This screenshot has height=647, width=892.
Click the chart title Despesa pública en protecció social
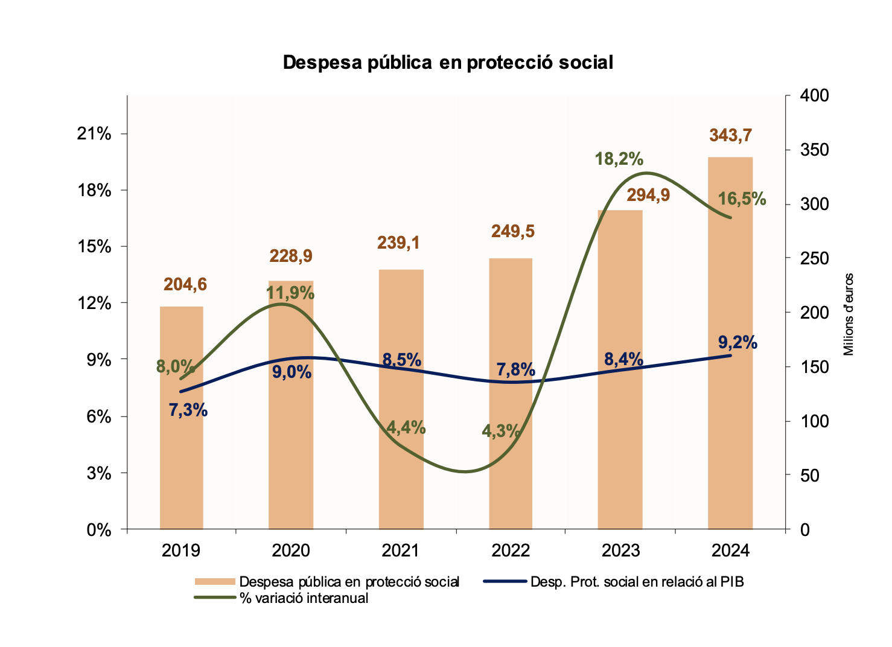point(448,62)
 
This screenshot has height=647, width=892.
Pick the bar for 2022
point(511,471)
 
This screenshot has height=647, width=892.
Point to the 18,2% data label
point(619,159)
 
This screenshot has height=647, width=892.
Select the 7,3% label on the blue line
point(188,410)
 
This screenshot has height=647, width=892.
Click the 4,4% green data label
point(406,428)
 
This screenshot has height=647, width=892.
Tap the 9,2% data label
point(737,342)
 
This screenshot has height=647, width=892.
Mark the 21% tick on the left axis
point(94,134)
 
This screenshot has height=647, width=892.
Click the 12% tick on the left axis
point(94,303)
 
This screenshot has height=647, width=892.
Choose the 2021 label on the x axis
point(401,550)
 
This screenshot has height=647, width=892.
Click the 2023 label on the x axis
point(620,550)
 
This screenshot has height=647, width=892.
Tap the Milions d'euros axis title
point(849,314)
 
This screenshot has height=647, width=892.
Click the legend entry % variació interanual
point(304,598)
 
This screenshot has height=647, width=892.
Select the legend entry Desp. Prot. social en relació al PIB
point(637,582)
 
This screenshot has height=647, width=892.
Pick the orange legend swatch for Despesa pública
point(214,582)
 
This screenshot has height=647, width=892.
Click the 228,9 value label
point(291,256)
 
